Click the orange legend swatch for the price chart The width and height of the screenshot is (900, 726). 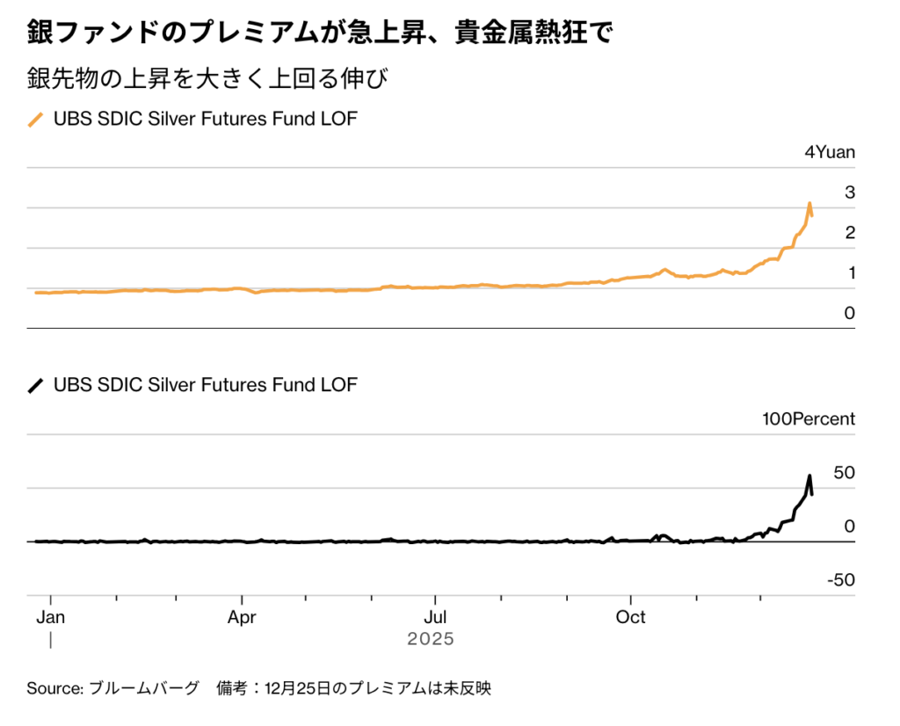(36, 120)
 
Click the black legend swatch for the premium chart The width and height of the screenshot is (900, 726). (36, 385)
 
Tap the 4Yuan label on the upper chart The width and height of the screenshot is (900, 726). (830, 152)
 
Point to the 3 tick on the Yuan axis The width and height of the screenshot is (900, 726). (850, 192)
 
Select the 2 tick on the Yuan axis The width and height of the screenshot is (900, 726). (850, 233)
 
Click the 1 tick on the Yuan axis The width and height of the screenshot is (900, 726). (850, 273)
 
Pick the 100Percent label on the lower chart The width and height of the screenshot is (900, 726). (808, 419)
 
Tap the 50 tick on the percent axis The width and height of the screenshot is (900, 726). (844, 473)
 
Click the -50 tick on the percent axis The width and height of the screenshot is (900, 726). (840, 580)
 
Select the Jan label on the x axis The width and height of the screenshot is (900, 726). (50, 617)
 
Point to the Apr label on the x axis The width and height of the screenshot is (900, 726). (242, 617)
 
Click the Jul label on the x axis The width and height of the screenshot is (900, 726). (434, 617)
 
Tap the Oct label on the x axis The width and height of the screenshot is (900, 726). (630, 617)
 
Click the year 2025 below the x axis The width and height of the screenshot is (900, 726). (431, 639)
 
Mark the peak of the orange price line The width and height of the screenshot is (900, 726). (809, 204)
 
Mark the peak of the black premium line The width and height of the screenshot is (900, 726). (809, 476)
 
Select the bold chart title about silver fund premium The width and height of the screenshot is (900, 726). (320, 33)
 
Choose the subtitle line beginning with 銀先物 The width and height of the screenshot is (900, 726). (207, 79)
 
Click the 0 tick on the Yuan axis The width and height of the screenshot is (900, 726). (850, 314)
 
